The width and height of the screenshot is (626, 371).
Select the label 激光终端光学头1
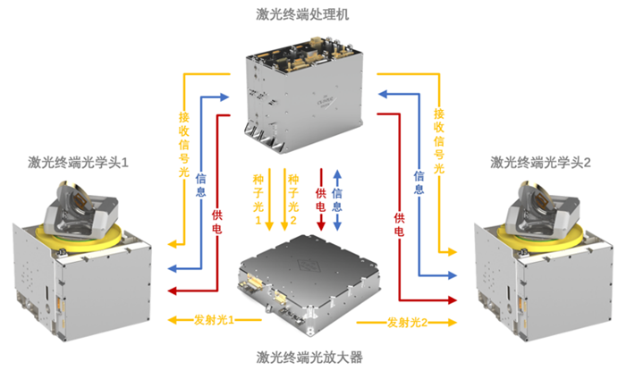[x=79, y=163]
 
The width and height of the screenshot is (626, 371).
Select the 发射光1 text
[x=214, y=320]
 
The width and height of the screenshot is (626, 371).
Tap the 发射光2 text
[x=409, y=321]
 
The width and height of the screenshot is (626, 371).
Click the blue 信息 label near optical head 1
[x=201, y=185]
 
